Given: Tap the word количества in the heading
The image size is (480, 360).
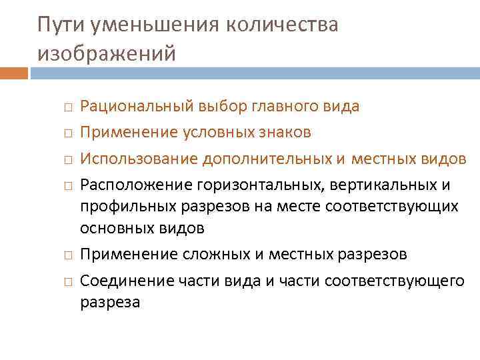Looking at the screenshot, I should pos(283,25).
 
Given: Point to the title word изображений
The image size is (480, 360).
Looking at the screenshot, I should pos(107,53).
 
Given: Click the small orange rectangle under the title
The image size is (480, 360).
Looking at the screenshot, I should pos(14,72).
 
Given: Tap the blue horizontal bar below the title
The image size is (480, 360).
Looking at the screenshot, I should pos(254,72).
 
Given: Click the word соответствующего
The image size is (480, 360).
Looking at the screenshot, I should pos(394,281).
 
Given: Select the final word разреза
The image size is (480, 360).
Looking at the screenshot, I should pos(110,303).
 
